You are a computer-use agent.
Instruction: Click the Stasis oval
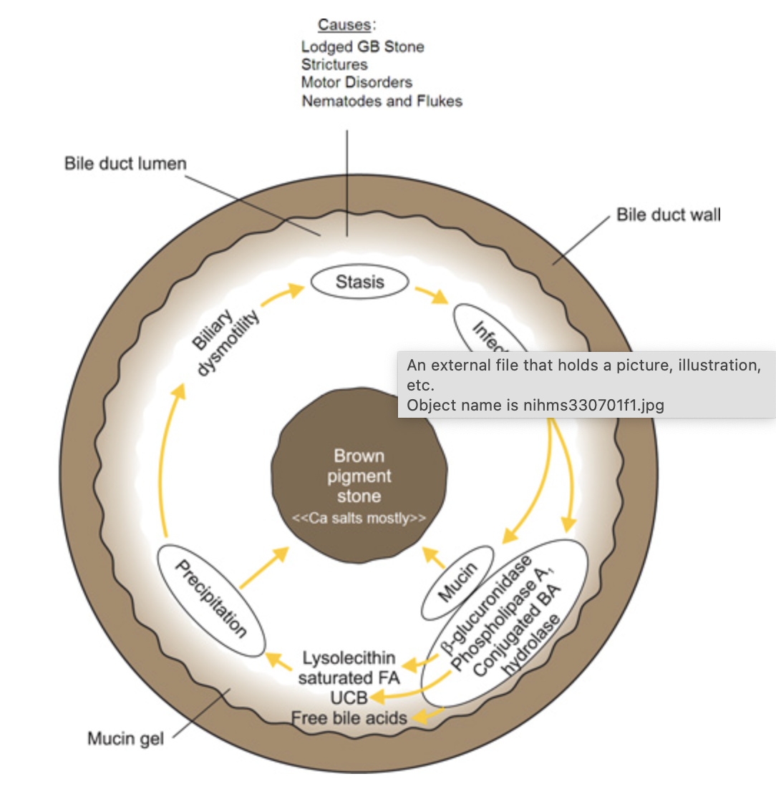(359, 282)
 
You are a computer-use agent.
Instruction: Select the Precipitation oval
(211, 599)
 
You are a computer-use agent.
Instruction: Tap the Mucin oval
(457, 582)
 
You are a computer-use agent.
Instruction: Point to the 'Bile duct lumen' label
(125, 163)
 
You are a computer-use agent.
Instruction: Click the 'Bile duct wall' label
(669, 215)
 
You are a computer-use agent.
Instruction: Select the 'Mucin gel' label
(125, 738)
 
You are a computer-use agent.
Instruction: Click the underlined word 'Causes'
(344, 25)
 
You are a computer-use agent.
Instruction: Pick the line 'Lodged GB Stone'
(362, 46)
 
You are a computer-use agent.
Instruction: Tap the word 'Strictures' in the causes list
(334, 64)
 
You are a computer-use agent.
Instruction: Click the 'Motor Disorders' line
(357, 82)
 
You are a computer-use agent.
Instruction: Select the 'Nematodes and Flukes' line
(382, 101)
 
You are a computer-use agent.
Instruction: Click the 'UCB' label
(349, 697)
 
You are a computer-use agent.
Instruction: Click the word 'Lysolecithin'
(349, 658)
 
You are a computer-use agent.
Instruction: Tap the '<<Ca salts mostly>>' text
(359, 518)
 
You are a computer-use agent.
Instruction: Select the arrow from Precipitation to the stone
(264, 568)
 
